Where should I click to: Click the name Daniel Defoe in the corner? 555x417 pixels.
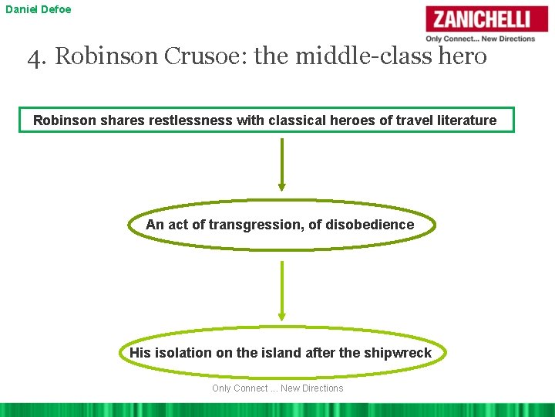point(38,9)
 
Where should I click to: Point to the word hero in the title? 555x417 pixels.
point(462,56)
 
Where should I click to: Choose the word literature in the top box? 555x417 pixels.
point(460,120)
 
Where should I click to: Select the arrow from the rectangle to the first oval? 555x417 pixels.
point(281,164)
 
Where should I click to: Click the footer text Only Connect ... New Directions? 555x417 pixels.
point(277,388)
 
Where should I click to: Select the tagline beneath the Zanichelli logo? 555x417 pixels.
point(480,39)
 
